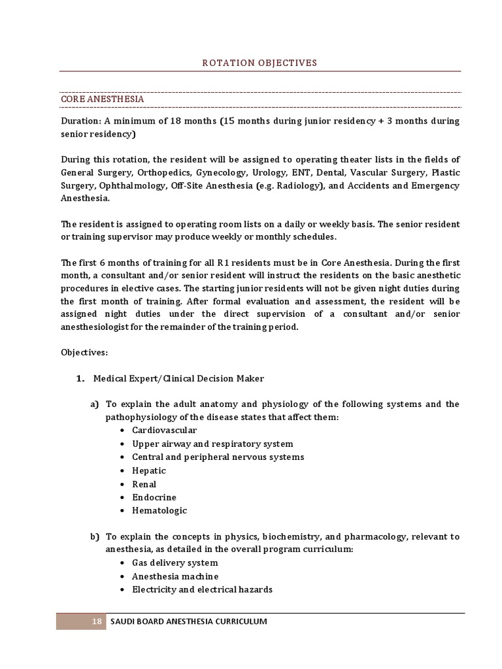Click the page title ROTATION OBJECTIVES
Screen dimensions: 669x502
pyautogui.click(x=259, y=63)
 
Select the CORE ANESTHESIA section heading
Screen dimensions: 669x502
pyautogui.click(x=103, y=99)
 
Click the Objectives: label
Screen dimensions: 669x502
pyautogui.click(x=84, y=351)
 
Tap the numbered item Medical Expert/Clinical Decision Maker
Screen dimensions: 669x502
pyautogui.click(x=178, y=378)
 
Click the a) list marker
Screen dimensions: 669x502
pyautogui.click(x=94, y=404)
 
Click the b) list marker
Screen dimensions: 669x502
pyautogui.click(x=94, y=536)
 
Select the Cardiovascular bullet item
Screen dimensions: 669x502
pyautogui.click(x=164, y=431)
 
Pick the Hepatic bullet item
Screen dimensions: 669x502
pyautogui.click(x=149, y=470)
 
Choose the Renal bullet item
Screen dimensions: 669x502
pyautogui.click(x=144, y=484)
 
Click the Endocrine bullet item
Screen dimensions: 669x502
pyautogui.click(x=154, y=497)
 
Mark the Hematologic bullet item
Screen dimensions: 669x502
pyautogui.click(x=159, y=510)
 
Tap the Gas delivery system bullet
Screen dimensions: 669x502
pyautogui.click(x=175, y=563)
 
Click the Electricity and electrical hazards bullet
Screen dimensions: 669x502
pyautogui.click(x=202, y=589)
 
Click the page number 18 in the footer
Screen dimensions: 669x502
pyautogui.click(x=96, y=621)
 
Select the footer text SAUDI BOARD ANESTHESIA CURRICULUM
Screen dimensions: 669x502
pyautogui.click(x=188, y=621)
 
